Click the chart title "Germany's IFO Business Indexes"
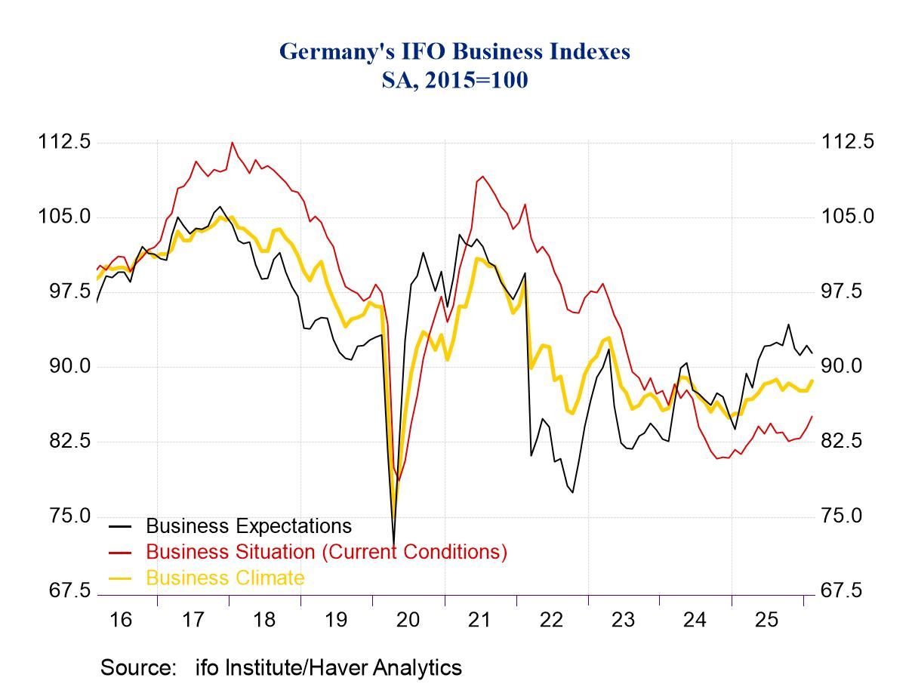tap(454, 51)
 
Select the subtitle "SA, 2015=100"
tap(454, 79)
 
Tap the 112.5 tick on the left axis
tap(64, 142)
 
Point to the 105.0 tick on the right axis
tap(847, 217)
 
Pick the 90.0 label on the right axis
tap(847, 366)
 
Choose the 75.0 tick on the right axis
tap(847, 516)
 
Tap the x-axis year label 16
tap(120, 620)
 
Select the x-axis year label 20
tap(408, 620)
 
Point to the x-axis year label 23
tap(623, 620)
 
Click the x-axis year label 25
tap(766, 620)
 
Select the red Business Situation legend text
tap(326, 552)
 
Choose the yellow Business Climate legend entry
tap(225, 578)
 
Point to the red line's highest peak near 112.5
tap(232, 143)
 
